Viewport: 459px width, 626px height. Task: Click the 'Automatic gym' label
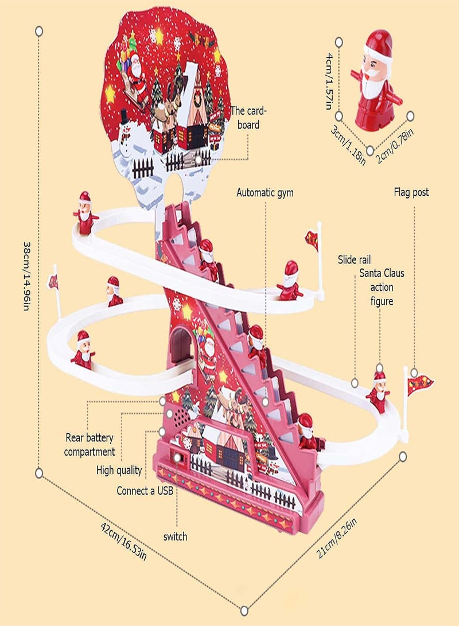pyautogui.click(x=264, y=193)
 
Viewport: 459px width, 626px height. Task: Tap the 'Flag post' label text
pyautogui.click(x=411, y=192)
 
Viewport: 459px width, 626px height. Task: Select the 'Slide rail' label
pyautogui.click(x=354, y=260)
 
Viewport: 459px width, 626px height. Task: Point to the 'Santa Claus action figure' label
pyautogui.click(x=382, y=287)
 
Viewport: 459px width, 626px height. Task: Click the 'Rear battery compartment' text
pyautogui.click(x=89, y=445)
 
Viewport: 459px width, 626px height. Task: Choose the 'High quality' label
pyautogui.click(x=119, y=471)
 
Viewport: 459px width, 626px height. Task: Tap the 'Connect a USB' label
pyautogui.click(x=145, y=491)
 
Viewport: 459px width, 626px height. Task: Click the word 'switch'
pyautogui.click(x=175, y=536)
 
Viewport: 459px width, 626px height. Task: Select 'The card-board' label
pyautogui.click(x=248, y=118)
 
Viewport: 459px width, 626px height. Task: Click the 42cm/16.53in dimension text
pyautogui.click(x=124, y=542)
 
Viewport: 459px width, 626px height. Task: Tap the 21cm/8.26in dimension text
pyautogui.click(x=336, y=538)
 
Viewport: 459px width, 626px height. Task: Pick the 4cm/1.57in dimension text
pyautogui.click(x=328, y=81)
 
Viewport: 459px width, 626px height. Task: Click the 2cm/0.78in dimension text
pyautogui.click(x=395, y=146)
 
